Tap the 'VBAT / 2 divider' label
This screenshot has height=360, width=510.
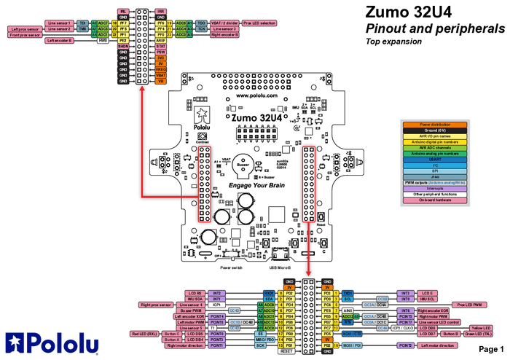[x=222, y=23]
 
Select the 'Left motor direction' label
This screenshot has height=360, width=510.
[x=437, y=345]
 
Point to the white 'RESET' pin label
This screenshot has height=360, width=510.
[x=286, y=351]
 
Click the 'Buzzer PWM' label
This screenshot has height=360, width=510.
[x=191, y=310]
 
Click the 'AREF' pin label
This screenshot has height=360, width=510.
[x=161, y=40]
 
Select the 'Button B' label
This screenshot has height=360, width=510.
[x=450, y=334]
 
